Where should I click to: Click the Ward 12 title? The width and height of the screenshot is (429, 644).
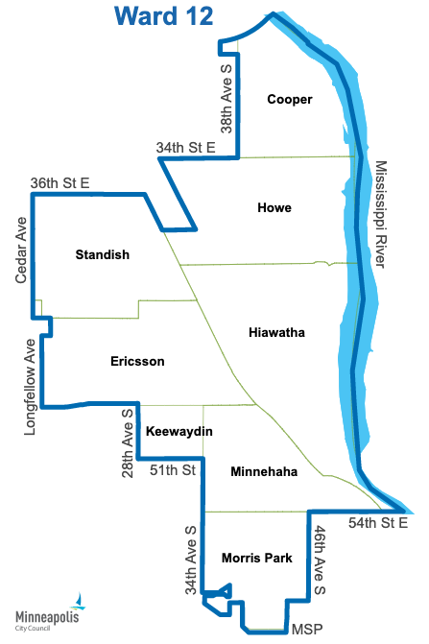(x=163, y=15)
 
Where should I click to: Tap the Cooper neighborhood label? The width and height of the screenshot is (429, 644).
(x=290, y=99)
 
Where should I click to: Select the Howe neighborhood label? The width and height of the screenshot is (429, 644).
(x=274, y=207)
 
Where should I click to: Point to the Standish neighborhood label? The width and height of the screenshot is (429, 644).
(x=102, y=254)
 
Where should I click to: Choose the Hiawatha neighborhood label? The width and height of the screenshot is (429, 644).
(x=276, y=332)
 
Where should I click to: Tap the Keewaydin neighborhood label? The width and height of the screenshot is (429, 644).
(x=179, y=431)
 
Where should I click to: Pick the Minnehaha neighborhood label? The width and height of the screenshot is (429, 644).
(x=264, y=471)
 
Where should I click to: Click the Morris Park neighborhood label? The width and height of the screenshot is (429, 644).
(x=256, y=557)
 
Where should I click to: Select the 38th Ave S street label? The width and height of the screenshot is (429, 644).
(x=226, y=96)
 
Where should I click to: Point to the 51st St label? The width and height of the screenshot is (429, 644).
(x=173, y=470)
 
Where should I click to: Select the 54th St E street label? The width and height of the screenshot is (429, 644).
(x=378, y=522)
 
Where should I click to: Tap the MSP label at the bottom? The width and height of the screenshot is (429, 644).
(x=306, y=630)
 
